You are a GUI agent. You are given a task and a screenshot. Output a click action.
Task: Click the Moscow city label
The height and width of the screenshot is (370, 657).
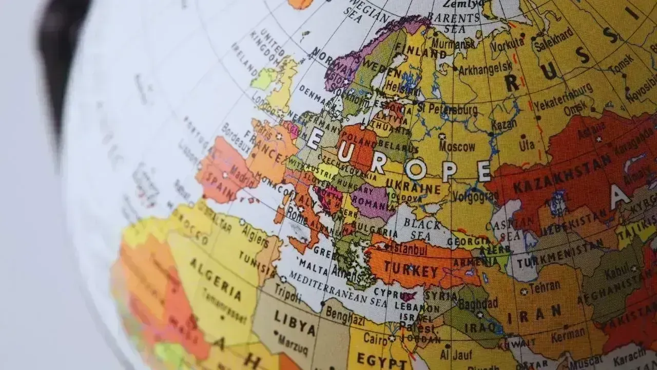coord(457,147)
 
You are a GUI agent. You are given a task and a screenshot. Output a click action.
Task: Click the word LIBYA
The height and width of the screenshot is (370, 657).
coord(295,322)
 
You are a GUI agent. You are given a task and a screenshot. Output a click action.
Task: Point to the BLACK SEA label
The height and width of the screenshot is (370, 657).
coord(422,229)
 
